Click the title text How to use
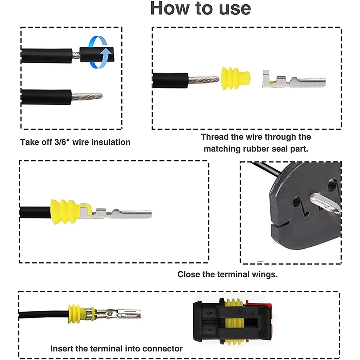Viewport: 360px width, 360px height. [x=200, y=8]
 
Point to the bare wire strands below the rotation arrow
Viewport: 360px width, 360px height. [x=87, y=96]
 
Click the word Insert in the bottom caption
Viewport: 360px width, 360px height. [x=61, y=348]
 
